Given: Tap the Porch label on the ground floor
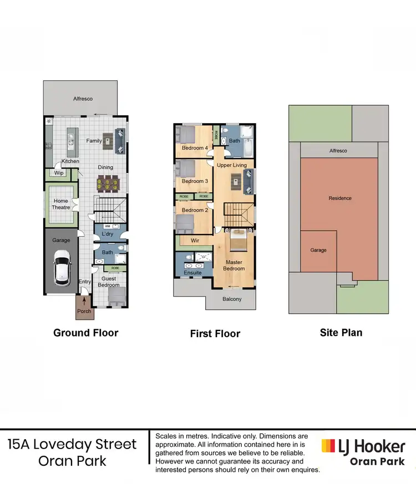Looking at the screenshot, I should coord(84,311).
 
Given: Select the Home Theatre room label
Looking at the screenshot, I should coord(61,204).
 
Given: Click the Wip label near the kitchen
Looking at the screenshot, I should coord(59,173).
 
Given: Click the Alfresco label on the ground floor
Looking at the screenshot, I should coord(83,99).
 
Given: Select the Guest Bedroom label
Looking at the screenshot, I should coord(109,282).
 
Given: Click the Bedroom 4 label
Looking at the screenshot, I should coord(195,148).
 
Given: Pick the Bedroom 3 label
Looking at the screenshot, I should coord(195,181).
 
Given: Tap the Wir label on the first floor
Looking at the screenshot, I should coord(195,241).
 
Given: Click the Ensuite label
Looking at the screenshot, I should coord(192,273).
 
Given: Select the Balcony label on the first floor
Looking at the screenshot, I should coord(232,299).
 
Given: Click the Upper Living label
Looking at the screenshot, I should coord(232,165).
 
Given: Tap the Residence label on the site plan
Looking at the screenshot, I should coord(339,198).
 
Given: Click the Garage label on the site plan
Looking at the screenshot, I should coord(318,250).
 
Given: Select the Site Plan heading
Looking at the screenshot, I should coord(341,333).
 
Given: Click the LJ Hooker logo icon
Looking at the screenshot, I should coord(328,446).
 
